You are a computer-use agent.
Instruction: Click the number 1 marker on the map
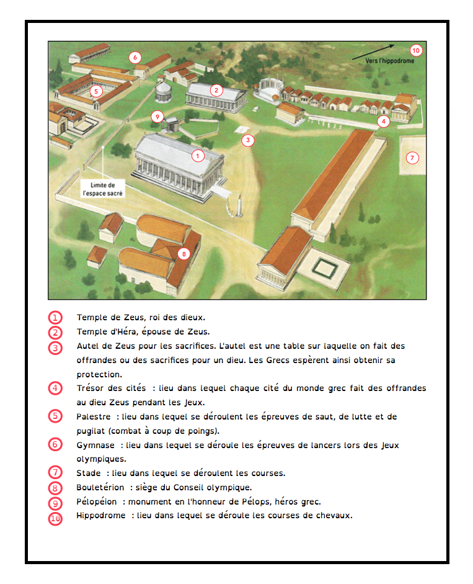[198, 156]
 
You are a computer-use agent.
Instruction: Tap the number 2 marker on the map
[216, 90]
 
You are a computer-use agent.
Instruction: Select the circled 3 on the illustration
[247, 140]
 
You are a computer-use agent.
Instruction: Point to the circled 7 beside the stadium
[412, 158]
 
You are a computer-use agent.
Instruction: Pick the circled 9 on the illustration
[157, 116]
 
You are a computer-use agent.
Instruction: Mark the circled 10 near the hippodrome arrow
[415, 50]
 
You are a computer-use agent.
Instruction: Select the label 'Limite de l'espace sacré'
[103, 189]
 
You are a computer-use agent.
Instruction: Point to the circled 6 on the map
[135, 58]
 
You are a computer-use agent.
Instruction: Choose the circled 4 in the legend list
[56, 389]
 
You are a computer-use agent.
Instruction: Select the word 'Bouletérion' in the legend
[100, 487]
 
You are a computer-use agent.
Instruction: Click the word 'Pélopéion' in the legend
[96, 501]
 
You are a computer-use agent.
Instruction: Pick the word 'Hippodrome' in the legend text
[100, 515]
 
